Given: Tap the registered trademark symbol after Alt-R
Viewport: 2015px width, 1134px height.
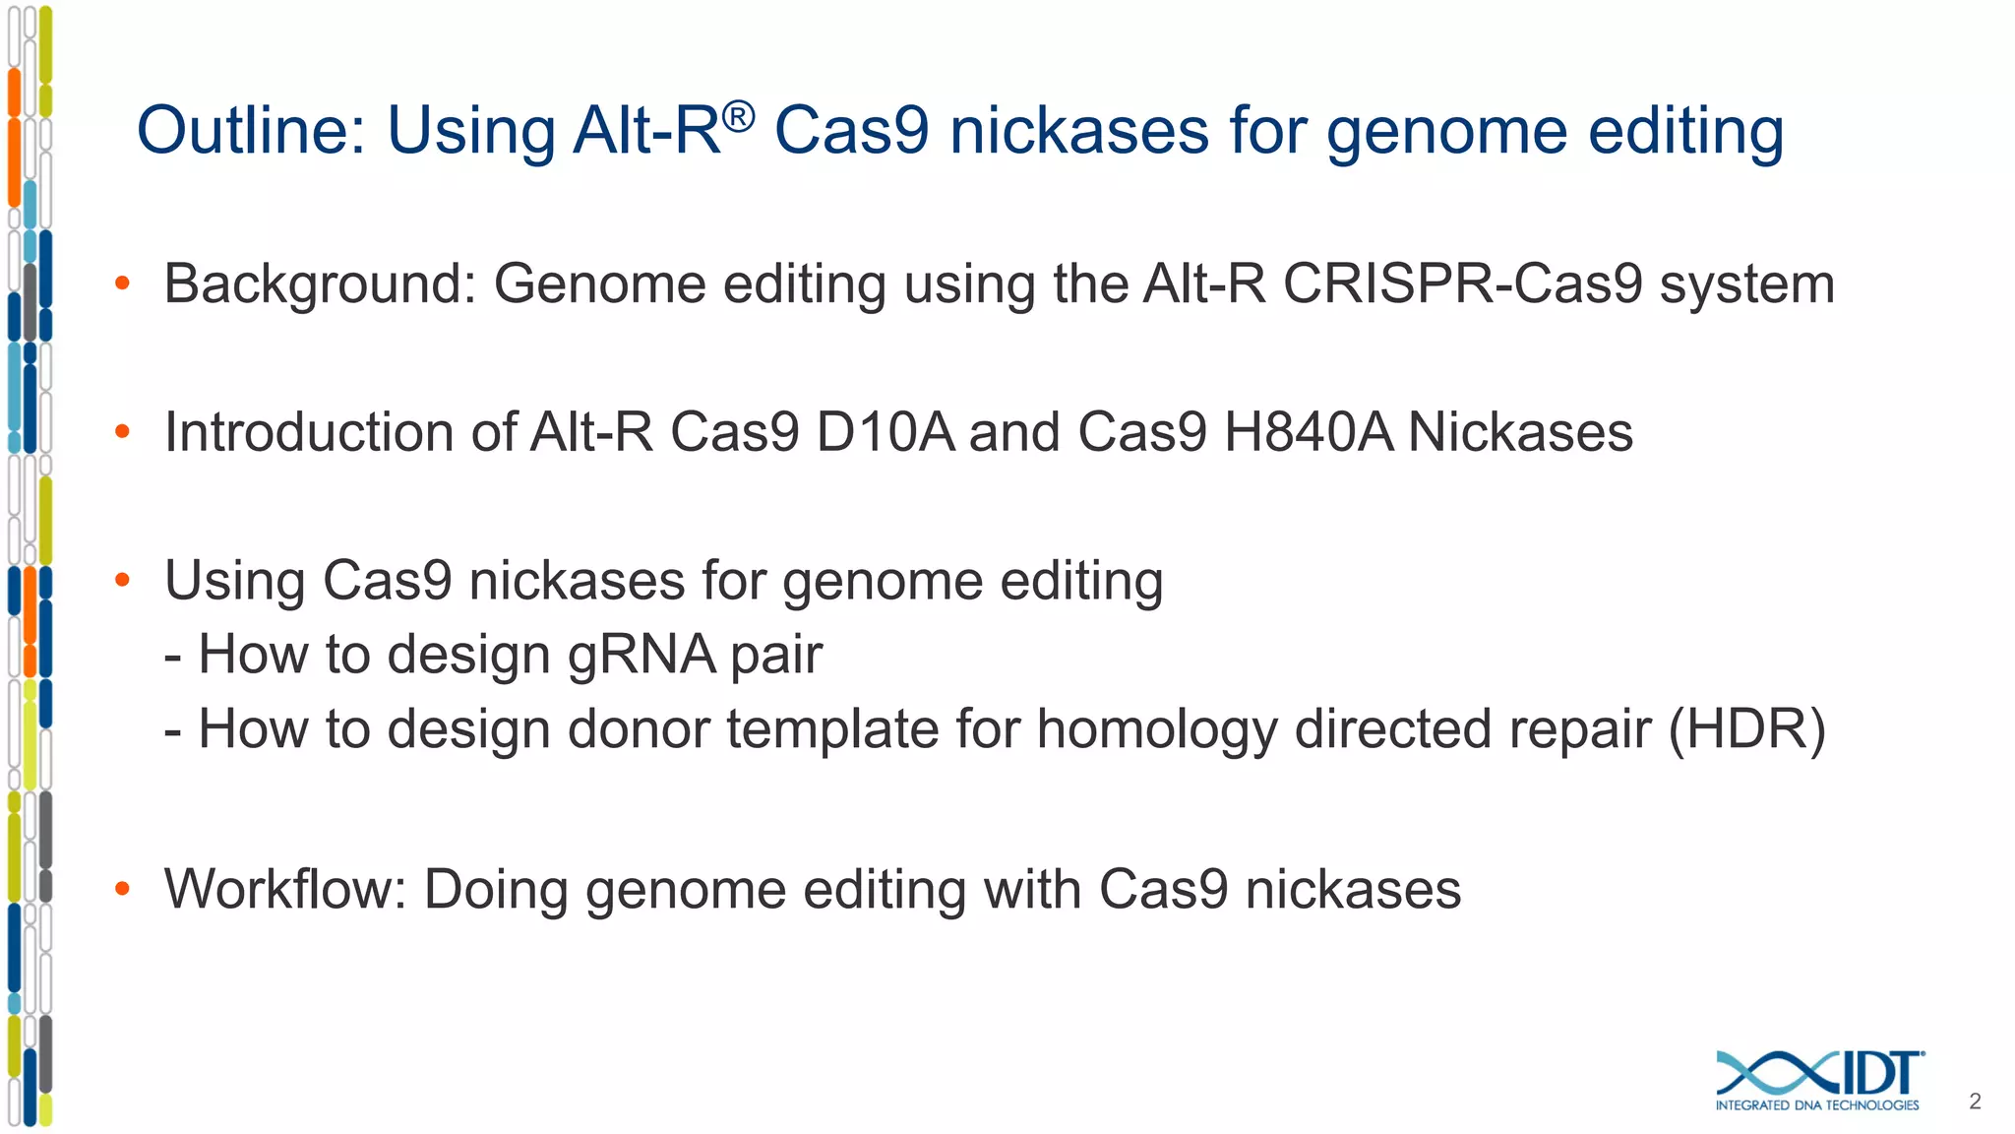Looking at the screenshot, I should [738, 117].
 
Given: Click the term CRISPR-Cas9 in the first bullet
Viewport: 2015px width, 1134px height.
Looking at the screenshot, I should [1462, 284].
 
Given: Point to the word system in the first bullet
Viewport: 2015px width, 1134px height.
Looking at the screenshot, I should [1746, 284].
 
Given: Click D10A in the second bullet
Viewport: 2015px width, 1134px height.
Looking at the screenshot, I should [885, 433].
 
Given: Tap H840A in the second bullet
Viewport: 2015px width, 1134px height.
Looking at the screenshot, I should [1308, 433].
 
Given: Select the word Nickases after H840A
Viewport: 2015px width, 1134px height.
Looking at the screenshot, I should [1520, 433].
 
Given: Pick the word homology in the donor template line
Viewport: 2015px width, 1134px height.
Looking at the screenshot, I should [1156, 730].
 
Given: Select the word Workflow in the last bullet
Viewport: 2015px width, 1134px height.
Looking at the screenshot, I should [284, 890].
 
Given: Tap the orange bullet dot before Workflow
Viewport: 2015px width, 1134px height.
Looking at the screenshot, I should [122, 890].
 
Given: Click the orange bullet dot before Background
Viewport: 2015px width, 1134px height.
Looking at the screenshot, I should [122, 284].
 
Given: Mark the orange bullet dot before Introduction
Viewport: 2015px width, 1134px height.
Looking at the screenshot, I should [122, 433].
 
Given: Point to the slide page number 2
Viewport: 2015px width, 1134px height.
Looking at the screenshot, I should [1975, 1102].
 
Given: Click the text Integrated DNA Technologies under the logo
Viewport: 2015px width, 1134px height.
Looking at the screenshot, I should [1816, 1105].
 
